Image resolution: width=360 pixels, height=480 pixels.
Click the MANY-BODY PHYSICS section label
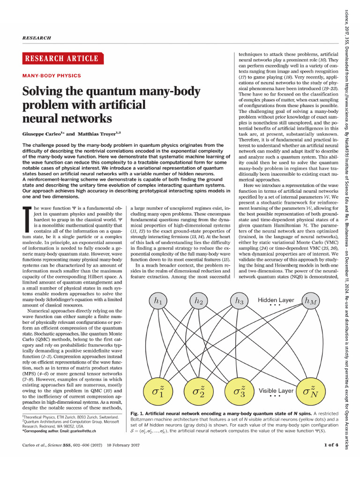(x=52, y=75)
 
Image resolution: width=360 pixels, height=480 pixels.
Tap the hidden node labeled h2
(x=199, y=301)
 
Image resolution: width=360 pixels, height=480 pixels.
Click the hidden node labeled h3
(x=239, y=301)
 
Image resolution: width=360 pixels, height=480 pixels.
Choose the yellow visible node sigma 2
(x=199, y=390)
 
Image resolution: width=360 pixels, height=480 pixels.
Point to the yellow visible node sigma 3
(x=239, y=390)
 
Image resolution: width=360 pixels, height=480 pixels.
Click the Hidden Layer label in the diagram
(x=276, y=300)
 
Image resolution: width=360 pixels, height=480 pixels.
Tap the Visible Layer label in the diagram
(x=276, y=390)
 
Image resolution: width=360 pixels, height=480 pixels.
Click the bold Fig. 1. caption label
(x=140, y=412)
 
